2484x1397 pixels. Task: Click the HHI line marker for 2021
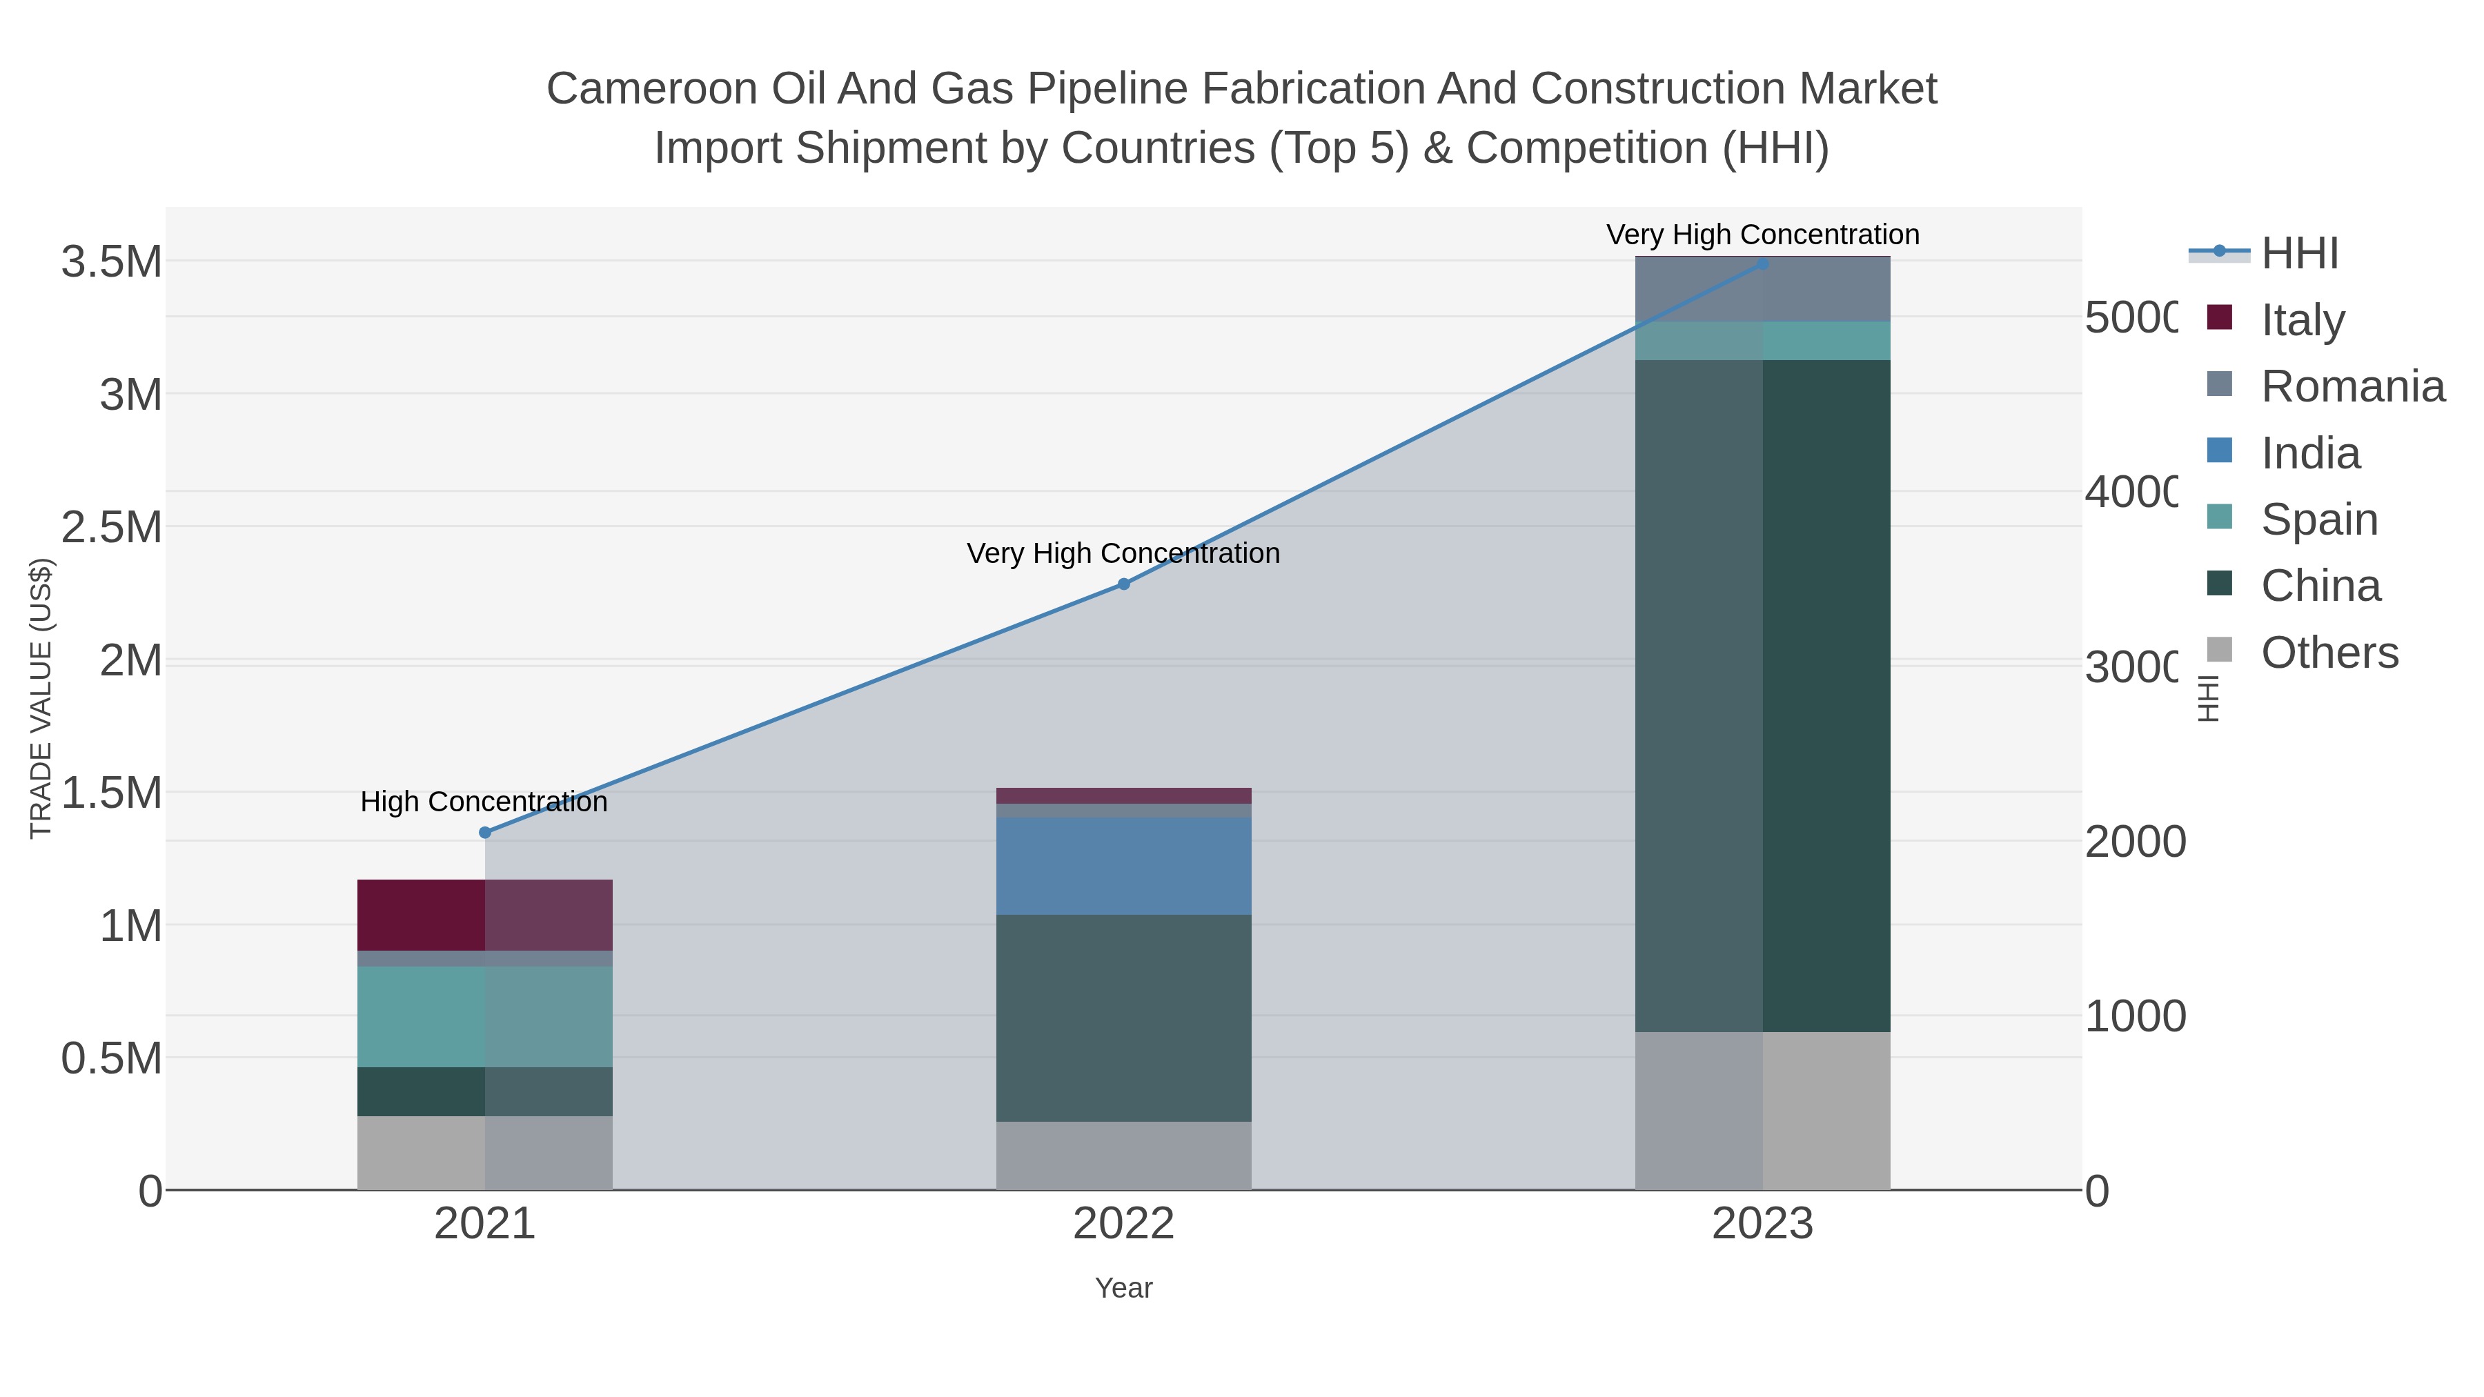point(485,833)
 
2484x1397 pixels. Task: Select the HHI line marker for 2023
point(1763,264)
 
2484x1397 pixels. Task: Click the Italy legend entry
point(2303,320)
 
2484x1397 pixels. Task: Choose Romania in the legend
point(2353,386)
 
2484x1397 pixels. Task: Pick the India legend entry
point(2310,453)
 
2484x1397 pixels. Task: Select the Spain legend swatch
point(2220,519)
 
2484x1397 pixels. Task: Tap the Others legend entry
point(2329,653)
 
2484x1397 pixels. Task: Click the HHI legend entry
point(2300,254)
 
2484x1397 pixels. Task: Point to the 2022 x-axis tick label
point(1123,1225)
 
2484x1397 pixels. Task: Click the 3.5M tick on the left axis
point(112,262)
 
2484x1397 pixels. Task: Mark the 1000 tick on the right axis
point(2135,1016)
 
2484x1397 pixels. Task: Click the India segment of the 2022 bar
point(1123,866)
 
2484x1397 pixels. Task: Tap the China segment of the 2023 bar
point(1763,696)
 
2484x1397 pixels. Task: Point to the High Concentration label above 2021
point(484,802)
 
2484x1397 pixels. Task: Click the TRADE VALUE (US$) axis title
point(41,698)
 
